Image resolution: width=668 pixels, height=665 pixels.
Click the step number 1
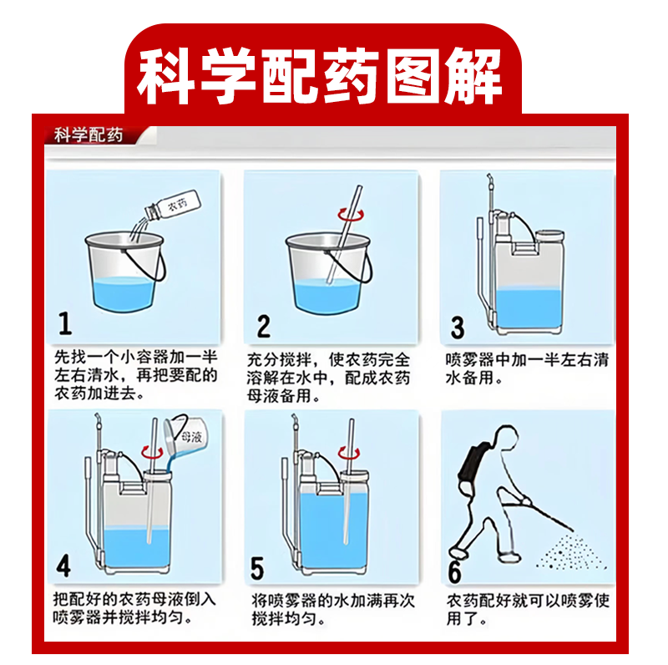(x=65, y=323)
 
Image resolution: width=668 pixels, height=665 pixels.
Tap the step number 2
(x=264, y=326)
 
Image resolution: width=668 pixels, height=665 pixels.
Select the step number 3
(x=458, y=327)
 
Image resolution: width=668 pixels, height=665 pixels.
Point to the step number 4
(x=63, y=566)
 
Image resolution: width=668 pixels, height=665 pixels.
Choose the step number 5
(x=257, y=568)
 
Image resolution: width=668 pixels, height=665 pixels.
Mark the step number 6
(x=454, y=571)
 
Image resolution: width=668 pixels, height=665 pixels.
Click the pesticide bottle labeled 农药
(x=173, y=205)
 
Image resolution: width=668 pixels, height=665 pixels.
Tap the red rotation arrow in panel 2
(x=351, y=215)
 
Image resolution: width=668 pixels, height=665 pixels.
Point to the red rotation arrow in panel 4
(x=152, y=452)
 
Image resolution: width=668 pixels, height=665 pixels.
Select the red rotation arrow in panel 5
(x=349, y=453)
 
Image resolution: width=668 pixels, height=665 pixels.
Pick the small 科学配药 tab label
(x=89, y=135)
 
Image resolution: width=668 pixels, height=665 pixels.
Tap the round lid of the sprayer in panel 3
(x=549, y=235)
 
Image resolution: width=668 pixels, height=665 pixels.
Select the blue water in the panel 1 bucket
(x=124, y=294)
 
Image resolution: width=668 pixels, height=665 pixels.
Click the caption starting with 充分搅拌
(x=328, y=378)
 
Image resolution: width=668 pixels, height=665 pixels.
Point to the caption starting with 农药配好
(x=528, y=609)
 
